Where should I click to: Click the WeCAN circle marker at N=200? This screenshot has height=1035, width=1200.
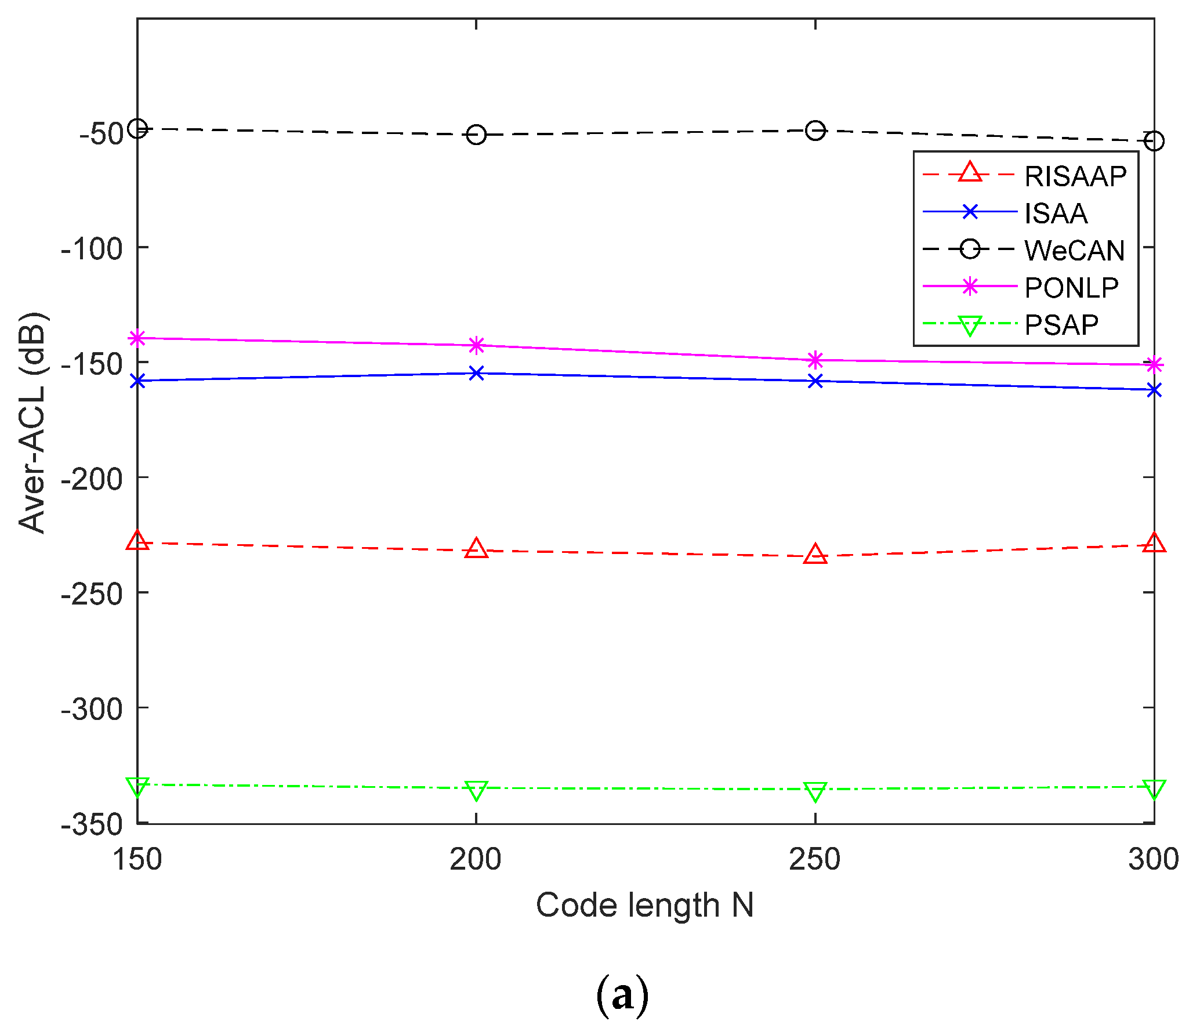pyautogui.click(x=476, y=135)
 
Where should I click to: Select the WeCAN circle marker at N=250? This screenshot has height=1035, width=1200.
pyautogui.click(x=815, y=131)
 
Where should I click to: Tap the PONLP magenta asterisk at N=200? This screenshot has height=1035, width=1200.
pyautogui.click(x=476, y=345)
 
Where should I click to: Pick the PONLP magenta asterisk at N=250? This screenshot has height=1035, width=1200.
pyautogui.click(x=815, y=360)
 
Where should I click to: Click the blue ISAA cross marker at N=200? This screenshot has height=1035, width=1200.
pyautogui.click(x=476, y=373)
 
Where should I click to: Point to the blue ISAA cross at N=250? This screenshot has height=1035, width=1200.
pyautogui.click(x=815, y=381)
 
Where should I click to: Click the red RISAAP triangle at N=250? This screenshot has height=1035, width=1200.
pyautogui.click(x=815, y=555)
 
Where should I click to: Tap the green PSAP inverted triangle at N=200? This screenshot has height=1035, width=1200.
pyautogui.click(x=476, y=790)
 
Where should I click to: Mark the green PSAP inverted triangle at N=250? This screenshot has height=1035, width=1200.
pyautogui.click(x=815, y=791)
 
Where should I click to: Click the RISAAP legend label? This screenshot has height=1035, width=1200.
pyautogui.click(x=1075, y=176)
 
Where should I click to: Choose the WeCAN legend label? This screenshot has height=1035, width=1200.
pyautogui.click(x=1074, y=251)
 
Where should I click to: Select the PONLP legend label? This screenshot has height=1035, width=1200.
pyautogui.click(x=1071, y=288)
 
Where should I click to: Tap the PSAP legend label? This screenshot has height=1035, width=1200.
pyautogui.click(x=1061, y=325)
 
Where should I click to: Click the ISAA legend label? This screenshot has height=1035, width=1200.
pyautogui.click(x=1056, y=213)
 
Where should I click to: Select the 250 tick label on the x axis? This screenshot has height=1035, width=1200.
pyautogui.click(x=814, y=859)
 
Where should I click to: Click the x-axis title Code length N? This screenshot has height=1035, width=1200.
pyautogui.click(x=644, y=905)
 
